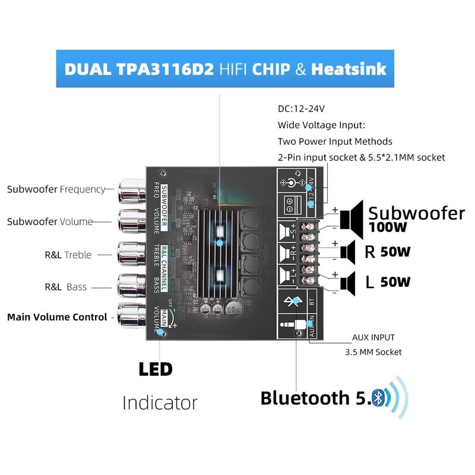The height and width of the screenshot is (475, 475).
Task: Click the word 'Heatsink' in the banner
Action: pyautogui.click(x=349, y=69)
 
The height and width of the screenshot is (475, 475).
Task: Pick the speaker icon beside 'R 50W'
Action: pyautogui.click(x=347, y=252)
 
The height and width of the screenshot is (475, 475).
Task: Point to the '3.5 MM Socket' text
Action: pyautogui.click(x=373, y=351)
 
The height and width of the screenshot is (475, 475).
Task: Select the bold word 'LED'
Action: pyautogui.click(x=156, y=369)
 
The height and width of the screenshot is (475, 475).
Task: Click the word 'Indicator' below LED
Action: pyautogui.click(x=160, y=403)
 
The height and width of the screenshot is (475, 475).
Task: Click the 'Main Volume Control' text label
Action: pyautogui.click(x=57, y=317)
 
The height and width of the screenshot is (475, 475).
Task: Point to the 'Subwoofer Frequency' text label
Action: pyautogui.click(x=56, y=189)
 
